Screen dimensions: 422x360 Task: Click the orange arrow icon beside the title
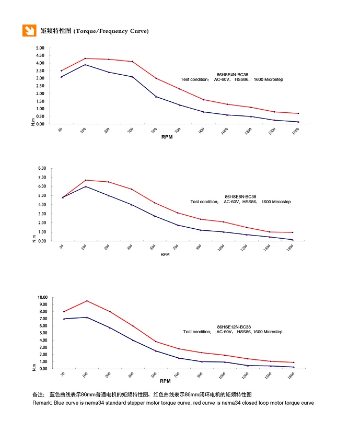[x=29, y=30]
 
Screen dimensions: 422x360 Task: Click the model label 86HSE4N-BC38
[x=233, y=75]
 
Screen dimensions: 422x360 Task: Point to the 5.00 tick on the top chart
[x=40, y=48]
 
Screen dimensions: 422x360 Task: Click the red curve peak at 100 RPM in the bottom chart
[x=86, y=301]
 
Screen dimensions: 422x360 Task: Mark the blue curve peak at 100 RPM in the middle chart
[x=86, y=186]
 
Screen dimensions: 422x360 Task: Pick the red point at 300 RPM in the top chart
[x=133, y=62]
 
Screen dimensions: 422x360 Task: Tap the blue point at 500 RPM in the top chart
[x=156, y=97]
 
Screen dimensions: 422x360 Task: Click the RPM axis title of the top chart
[x=167, y=137]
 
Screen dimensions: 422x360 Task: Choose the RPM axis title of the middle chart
[x=165, y=254]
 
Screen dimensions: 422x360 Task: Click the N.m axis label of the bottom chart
[x=34, y=368]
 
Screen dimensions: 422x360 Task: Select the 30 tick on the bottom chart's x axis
[x=62, y=374]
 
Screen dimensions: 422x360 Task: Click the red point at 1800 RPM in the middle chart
[x=293, y=232]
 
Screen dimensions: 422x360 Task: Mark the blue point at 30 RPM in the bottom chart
[x=64, y=319]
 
